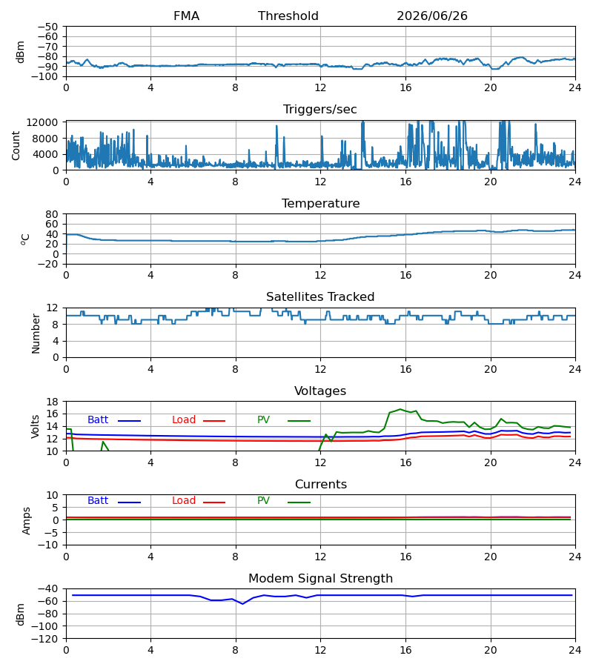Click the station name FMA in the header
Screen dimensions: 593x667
pos(186,16)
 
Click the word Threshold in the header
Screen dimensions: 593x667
pos(288,16)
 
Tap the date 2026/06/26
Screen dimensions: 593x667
pos(431,16)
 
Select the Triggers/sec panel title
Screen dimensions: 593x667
pos(320,110)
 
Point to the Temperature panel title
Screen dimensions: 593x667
pos(320,203)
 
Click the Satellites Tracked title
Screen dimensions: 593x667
pos(320,297)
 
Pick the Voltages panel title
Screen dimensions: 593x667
pos(320,391)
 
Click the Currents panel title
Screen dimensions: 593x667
pos(321,485)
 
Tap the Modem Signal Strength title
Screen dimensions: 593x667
pos(320,579)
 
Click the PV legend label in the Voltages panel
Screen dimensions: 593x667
pos(263,420)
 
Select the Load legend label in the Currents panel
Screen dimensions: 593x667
pos(184,501)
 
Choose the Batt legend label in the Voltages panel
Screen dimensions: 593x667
pos(98,420)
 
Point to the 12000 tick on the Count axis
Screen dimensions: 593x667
pos(42,122)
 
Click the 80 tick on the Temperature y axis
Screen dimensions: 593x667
pos(52,214)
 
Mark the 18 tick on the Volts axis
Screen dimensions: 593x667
pos(52,402)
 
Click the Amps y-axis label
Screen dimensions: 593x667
pos(27,520)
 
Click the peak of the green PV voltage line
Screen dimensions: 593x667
pos(400,409)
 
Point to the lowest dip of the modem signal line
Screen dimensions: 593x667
pos(243,603)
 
